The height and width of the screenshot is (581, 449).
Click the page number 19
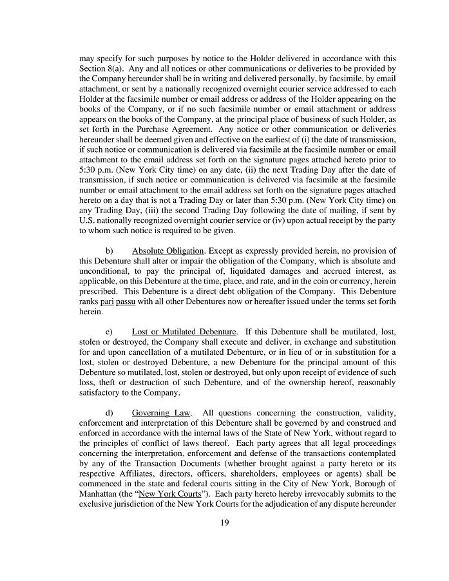coord(224,522)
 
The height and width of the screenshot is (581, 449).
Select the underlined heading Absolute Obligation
coord(164,251)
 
